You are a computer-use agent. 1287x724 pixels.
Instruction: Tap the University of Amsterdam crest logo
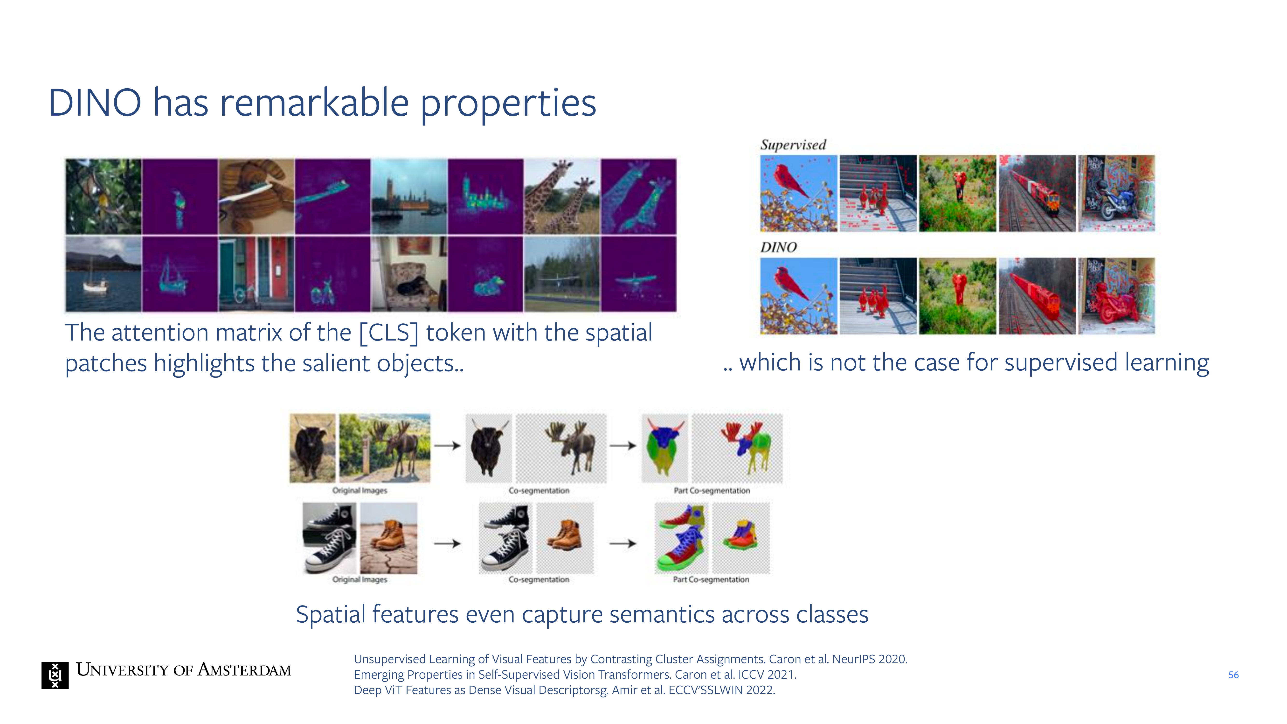tap(55, 675)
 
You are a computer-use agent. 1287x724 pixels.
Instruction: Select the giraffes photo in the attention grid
tap(561, 196)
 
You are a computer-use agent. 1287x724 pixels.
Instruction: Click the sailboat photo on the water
tap(104, 274)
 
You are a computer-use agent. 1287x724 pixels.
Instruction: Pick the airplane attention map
tap(638, 274)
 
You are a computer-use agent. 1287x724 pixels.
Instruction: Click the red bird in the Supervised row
tap(790, 180)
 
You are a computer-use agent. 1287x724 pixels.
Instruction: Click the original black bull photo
tap(312, 448)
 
